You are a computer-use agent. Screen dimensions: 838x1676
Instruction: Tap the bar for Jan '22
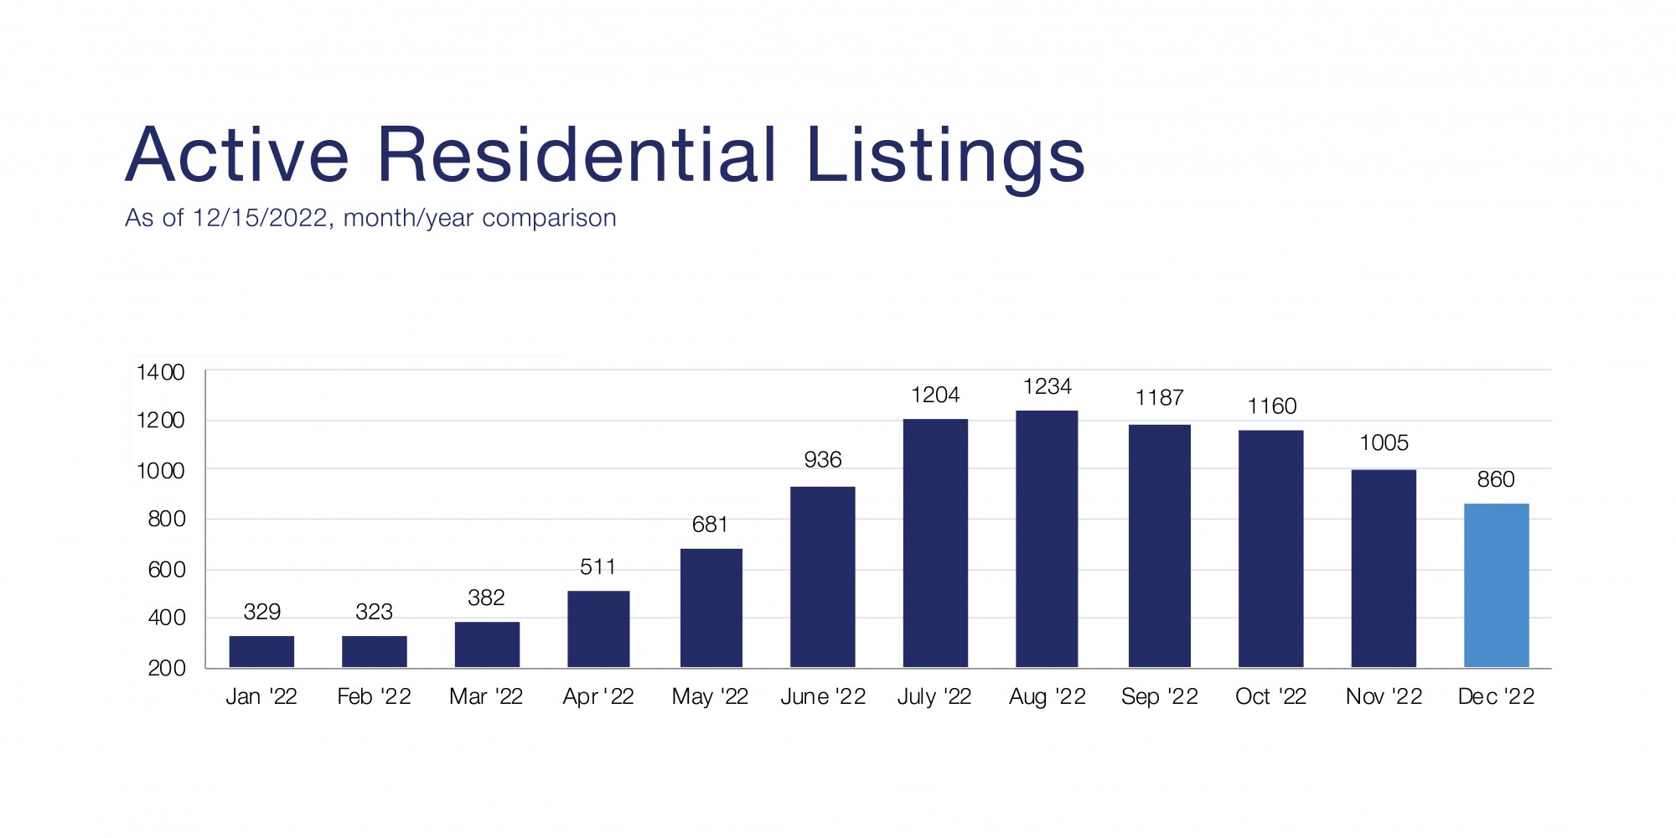click(x=261, y=651)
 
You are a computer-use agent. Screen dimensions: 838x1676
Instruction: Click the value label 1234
click(x=1047, y=386)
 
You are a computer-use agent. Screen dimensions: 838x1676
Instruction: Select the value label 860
click(x=1495, y=479)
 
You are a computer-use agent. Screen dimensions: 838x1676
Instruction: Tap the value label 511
click(x=597, y=567)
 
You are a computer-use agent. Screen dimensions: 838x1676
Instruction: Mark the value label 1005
click(x=1384, y=442)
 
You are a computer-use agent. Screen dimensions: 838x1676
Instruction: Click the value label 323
click(x=374, y=612)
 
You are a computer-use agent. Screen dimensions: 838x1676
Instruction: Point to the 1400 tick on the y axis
click(x=161, y=372)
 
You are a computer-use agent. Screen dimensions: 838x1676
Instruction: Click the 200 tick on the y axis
click(x=167, y=668)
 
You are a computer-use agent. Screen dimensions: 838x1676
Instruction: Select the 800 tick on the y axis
click(x=167, y=519)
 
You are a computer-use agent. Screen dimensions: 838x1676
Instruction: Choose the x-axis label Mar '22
click(x=486, y=696)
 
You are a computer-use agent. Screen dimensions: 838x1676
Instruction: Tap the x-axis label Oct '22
click(x=1270, y=696)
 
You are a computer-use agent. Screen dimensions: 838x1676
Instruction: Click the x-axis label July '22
click(x=934, y=696)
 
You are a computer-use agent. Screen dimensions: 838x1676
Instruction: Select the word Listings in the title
click(x=945, y=157)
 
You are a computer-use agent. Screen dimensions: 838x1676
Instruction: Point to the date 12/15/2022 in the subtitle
click(x=260, y=218)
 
